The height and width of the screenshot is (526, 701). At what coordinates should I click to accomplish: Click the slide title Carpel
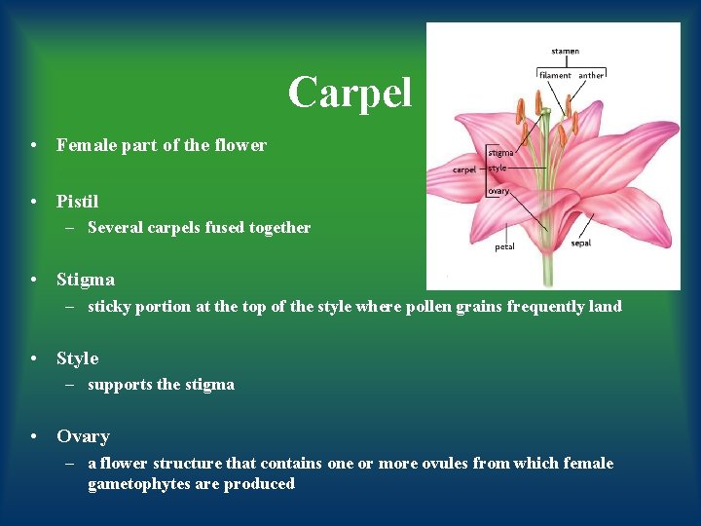pos(350,93)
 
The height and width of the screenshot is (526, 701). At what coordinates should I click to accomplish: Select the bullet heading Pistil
pos(77,202)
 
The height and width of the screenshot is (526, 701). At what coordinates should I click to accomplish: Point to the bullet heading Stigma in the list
pos(85,280)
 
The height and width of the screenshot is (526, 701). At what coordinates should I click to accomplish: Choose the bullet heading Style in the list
pos(77,358)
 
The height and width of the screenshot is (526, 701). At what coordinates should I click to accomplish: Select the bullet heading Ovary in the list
pos(83,436)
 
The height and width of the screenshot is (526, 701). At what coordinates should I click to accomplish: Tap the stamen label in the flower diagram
pos(565,51)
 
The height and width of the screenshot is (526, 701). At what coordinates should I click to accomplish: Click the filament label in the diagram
pos(556,75)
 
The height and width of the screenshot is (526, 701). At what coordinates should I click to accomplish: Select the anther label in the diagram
pos(591,75)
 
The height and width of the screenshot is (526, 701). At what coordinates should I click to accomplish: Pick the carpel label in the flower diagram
pos(464,169)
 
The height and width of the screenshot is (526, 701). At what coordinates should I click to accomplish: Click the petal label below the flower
pos(504,247)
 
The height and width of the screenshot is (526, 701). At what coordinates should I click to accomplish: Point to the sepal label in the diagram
pos(581,244)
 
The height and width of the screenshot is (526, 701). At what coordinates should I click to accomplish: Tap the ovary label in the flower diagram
pos(498,191)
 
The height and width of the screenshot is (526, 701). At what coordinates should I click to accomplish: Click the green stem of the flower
pos(548,268)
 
